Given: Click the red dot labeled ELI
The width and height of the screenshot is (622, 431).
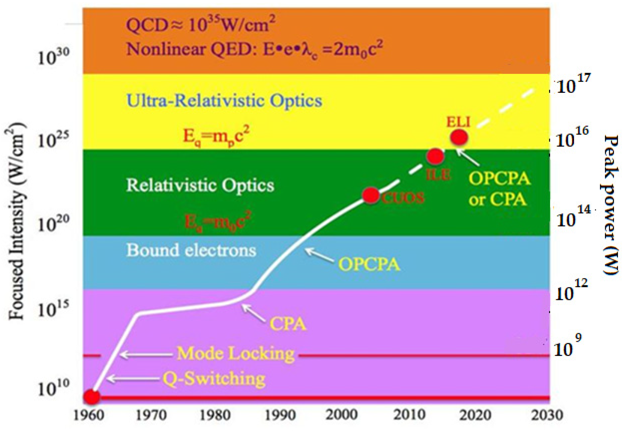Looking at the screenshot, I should click(459, 137).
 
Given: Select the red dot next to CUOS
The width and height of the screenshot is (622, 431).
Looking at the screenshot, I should click(371, 195).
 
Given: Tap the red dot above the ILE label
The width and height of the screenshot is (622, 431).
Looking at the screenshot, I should click(435, 156).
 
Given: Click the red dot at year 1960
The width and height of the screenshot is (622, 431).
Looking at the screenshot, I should click(92, 397).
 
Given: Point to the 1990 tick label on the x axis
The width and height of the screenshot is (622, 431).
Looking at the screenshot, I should click(280, 415).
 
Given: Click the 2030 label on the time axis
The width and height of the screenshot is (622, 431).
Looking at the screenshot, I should click(547, 415).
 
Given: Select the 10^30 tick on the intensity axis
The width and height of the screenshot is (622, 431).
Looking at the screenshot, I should click(53, 57).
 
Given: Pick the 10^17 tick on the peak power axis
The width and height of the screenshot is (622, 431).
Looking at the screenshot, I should click(573, 84).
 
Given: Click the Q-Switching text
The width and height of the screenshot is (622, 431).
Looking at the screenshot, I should click(214, 379).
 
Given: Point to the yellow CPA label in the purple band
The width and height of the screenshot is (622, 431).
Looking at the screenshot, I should click(288, 324).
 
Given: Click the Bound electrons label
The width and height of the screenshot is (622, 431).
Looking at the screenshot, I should click(191, 250).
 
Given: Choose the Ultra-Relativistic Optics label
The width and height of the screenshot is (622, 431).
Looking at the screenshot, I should click(224, 101).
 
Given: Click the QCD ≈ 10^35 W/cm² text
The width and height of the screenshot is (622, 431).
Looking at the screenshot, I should click(201, 25).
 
